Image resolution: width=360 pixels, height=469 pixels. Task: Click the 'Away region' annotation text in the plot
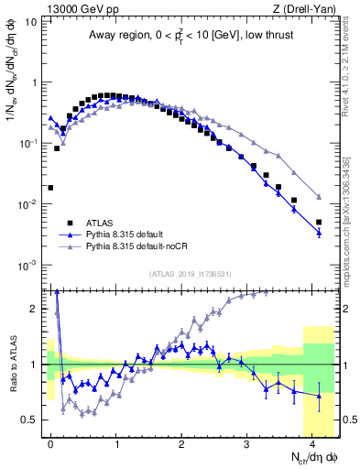188,36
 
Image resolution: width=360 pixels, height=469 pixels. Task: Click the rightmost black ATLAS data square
319,222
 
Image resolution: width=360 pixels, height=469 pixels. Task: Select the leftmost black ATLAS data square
50,188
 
